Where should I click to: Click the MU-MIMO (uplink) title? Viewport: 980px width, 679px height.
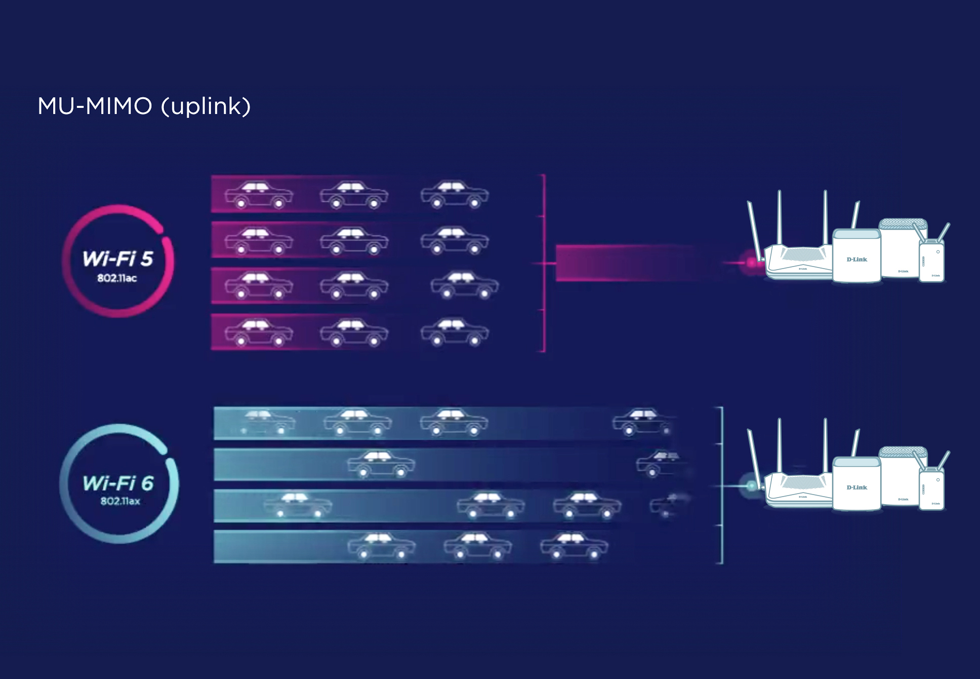[144, 106]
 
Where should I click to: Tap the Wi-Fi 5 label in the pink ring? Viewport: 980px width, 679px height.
[117, 258]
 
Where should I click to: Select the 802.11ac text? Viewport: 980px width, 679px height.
[117, 278]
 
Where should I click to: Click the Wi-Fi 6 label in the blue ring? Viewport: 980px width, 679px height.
[118, 483]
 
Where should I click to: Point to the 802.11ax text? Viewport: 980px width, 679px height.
[120, 501]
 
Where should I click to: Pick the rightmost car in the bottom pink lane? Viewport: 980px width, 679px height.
[455, 333]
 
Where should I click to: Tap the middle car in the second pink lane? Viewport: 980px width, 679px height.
[354, 241]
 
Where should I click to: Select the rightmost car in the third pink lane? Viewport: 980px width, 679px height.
[464, 286]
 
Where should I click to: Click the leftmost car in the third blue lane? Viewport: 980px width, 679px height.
[298, 506]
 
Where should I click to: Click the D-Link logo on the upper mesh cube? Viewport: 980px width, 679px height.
[856, 259]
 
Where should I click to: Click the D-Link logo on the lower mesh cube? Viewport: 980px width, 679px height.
[856, 487]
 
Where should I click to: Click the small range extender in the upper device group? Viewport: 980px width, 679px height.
[932, 261]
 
